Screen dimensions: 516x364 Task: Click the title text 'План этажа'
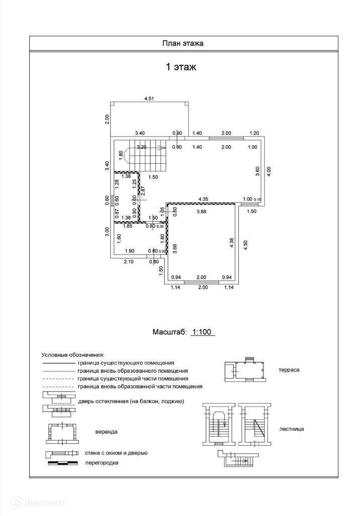click(x=182, y=43)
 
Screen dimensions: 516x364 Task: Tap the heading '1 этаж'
click(x=181, y=67)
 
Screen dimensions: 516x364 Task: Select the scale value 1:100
click(x=203, y=332)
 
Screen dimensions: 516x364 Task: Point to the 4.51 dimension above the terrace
click(x=149, y=99)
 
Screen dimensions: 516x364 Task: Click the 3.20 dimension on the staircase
click(x=142, y=147)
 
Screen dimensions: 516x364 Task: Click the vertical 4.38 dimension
click(x=231, y=244)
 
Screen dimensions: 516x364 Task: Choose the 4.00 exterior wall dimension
click(x=269, y=171)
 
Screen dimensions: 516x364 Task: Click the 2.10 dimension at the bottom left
click(x=129, y=261)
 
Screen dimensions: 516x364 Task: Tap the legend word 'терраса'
click(x=289, y=369)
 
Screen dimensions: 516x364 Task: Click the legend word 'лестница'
click(x=292, y=429)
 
